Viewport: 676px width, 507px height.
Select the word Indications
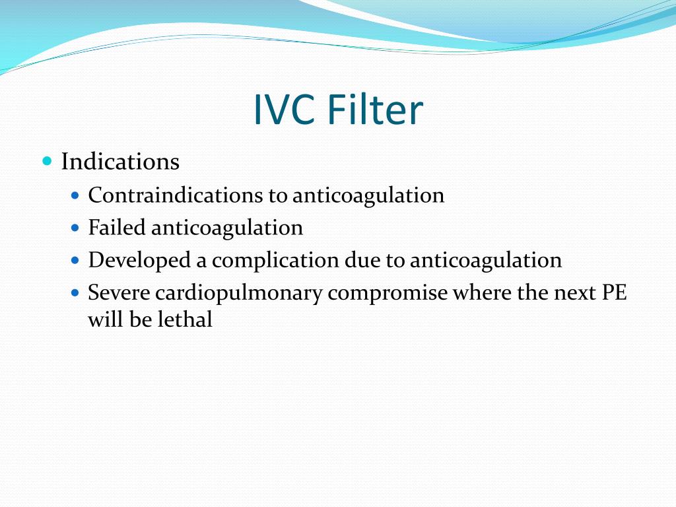coord(120,162)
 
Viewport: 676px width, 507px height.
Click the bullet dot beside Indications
coord(47,160)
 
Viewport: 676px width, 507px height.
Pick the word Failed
coord(118,228)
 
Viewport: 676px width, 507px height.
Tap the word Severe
coord(119,292)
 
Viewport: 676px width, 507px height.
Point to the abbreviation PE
coord(613,292)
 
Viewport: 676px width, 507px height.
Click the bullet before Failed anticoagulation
coord(75,228)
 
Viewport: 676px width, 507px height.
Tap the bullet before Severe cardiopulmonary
coord(75,291)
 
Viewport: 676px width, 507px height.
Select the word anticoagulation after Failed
coord(227,228)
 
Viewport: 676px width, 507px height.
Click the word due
coord(362,260)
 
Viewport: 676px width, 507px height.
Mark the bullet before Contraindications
coord(75,195)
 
